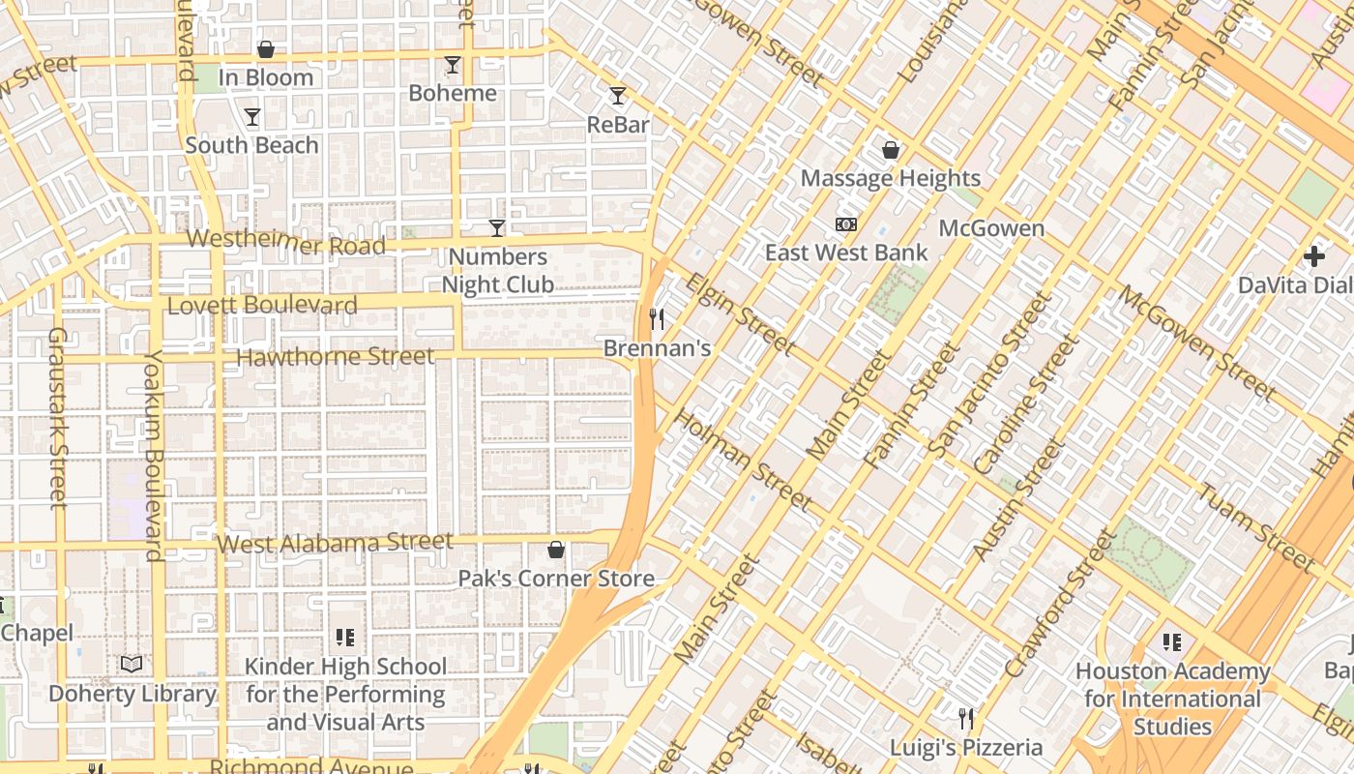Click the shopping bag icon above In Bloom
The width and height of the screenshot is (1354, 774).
click(265, 49)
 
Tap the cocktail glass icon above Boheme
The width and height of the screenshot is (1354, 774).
click(452, 65)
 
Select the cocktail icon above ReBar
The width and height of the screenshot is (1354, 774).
click(618, 96)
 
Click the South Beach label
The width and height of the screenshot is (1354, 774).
click(251, 145)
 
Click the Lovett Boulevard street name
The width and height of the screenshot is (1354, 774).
click(262, 306)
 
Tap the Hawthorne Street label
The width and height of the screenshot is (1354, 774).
click(336, 357)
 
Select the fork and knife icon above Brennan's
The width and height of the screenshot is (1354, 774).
click(657, 318)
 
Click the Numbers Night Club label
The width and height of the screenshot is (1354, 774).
click(498, 271)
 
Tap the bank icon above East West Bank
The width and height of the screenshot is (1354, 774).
click(846, 224)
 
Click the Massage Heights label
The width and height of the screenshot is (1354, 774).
click(890, 178)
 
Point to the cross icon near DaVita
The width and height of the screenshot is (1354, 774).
click(1313, 256)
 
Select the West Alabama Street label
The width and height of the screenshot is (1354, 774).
click(335, 543)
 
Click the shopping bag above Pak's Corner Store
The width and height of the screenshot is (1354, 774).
click(556, 551)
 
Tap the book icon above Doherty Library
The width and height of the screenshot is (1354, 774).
click(132, 664)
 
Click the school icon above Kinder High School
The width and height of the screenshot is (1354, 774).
click(345, 638)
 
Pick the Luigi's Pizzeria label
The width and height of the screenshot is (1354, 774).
click(966, 748)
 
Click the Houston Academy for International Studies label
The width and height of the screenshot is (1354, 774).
click(1172, 699)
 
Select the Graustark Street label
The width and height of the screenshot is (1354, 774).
click(57, 418)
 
